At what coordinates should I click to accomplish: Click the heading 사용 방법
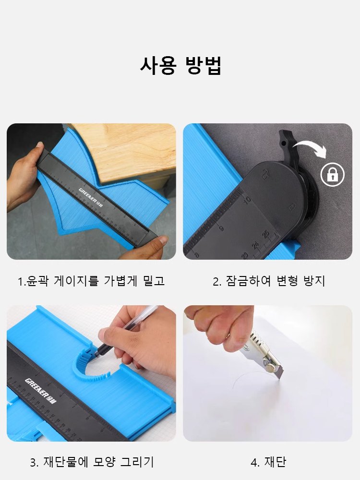click(180, 65)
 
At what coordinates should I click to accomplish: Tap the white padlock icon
click(333, 174)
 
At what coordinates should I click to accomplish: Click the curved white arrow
click(310, 146)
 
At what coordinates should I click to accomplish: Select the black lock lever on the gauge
click(287, 144)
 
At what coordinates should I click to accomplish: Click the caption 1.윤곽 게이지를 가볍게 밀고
click(91, 281)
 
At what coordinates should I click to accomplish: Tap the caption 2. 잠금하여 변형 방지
click(269, 281)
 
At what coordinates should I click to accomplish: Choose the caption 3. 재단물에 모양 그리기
click(92, 462)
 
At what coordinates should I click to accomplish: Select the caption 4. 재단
click(268, 462)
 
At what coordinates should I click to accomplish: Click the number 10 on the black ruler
click(247, 199)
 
